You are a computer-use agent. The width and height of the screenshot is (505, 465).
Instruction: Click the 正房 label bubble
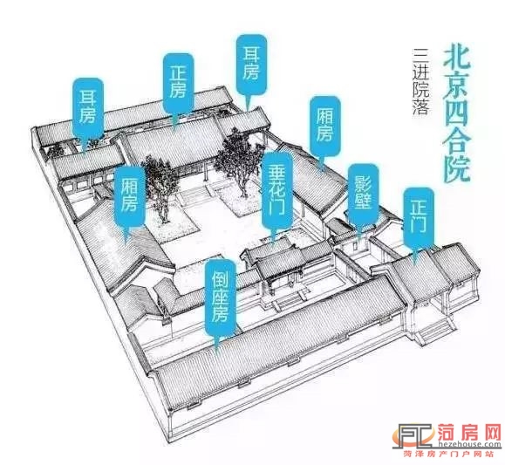[x=179, y=85]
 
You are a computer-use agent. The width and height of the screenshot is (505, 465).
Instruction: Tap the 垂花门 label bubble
[x=277, y=193]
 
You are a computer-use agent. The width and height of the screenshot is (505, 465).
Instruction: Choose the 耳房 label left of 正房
[x=88, y=107]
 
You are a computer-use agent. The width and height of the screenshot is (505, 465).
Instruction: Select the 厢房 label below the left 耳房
[x=129, y=196]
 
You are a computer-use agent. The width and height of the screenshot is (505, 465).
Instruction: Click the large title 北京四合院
[x=456, y=114]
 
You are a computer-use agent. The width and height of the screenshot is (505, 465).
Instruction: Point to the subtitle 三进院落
[x=420, y=81]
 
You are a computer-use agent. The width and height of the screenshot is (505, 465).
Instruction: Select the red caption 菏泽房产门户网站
[x=448, y=454]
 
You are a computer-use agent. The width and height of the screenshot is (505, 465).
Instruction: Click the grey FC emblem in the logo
[x=414, y=435]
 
